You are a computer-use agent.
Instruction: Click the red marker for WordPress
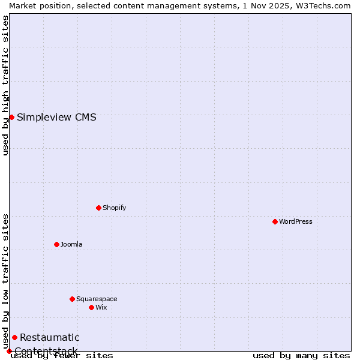[275, 221]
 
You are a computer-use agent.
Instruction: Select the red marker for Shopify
[99, 208]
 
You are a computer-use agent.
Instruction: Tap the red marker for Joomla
[57, 244]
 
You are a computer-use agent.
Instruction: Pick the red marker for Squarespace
[73, 299]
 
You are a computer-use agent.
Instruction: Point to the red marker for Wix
[92, 307]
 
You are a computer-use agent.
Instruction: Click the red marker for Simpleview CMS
[11, 117]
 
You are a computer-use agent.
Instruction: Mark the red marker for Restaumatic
[14, 337]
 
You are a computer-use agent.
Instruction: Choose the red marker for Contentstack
[9, 351]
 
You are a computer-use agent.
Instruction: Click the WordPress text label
[296, 221]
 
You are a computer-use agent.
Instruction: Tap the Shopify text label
[114, 208]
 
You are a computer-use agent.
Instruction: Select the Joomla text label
[71, 244]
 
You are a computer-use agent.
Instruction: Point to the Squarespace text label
[97, 299]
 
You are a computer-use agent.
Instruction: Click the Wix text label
[101, 307]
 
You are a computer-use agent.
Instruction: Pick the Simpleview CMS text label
[56, 117]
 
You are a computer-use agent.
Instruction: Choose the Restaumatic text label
[49, 337]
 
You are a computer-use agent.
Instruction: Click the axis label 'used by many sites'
[301, 355]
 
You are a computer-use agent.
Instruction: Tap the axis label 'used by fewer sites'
[62, 355]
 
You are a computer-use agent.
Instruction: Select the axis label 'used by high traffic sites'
[5, 85]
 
